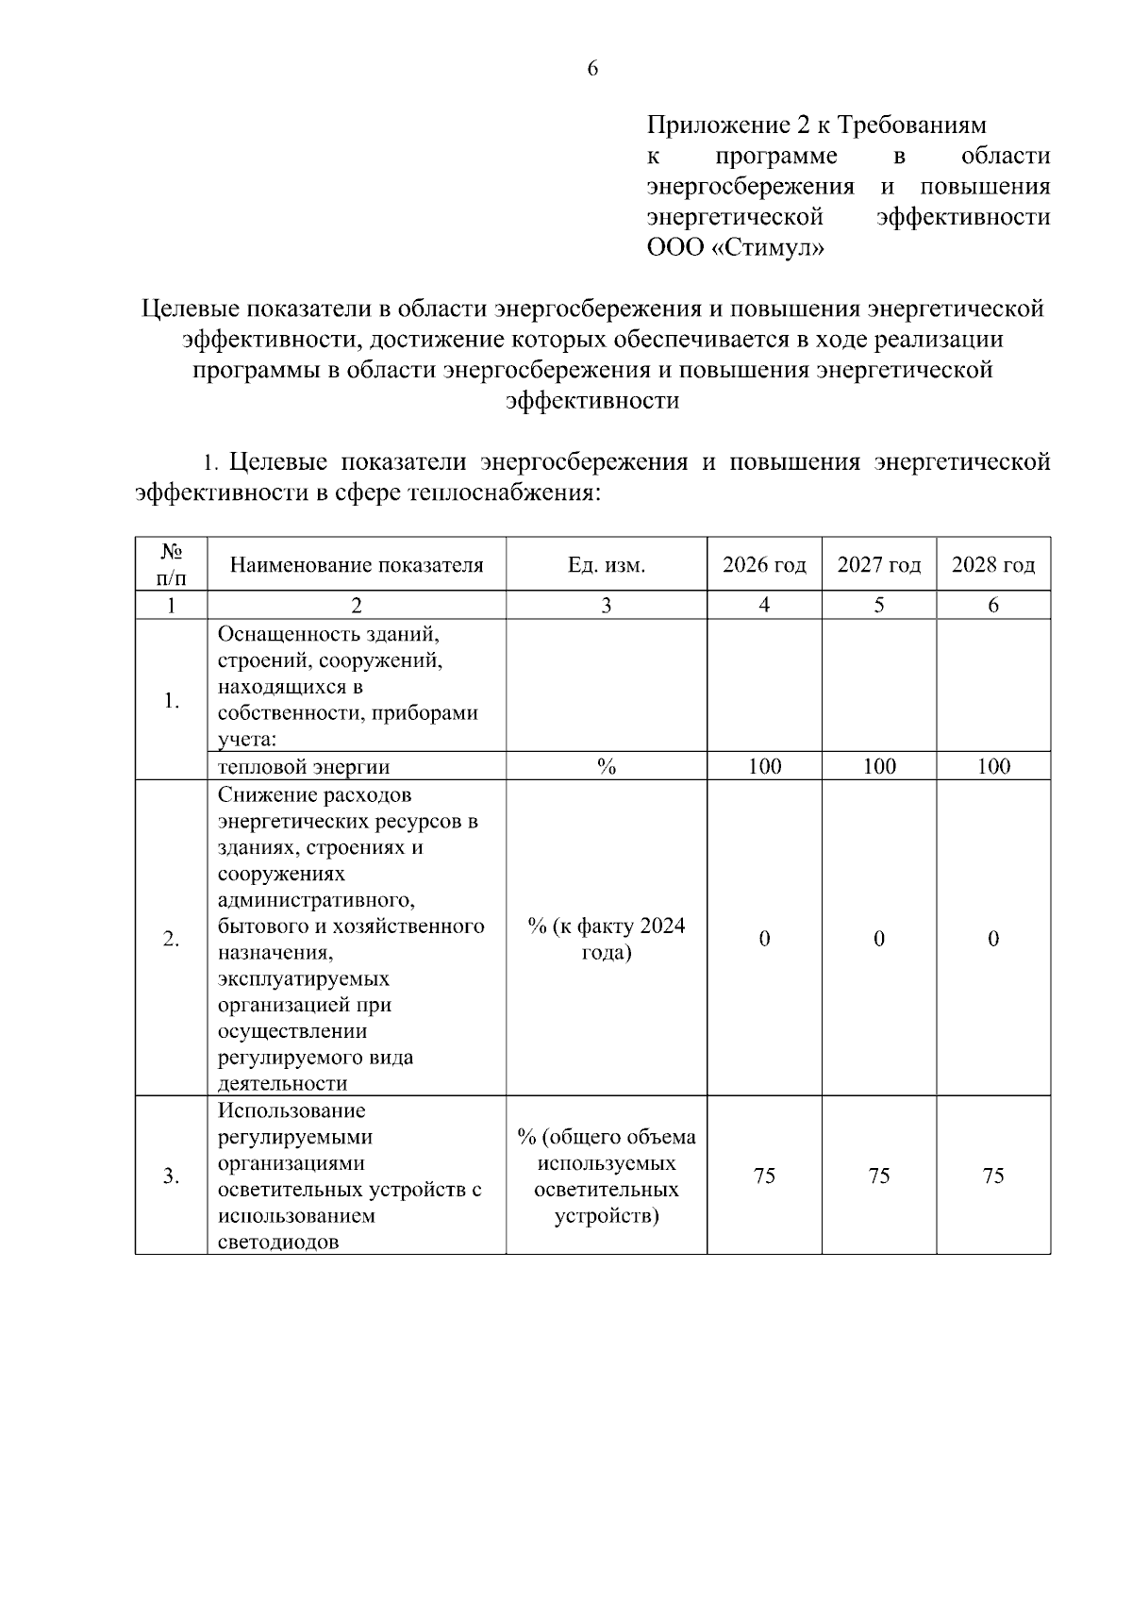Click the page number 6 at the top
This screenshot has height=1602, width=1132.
(592, 68)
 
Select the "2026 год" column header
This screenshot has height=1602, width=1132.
(764, 565)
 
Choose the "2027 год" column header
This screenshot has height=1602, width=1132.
(878, 565)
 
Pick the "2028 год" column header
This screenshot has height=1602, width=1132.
(993, 565)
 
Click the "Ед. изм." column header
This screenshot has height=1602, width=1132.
(606, 565)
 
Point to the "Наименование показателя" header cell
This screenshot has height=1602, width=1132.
(357, 565)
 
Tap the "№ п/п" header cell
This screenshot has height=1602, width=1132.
(171, 563)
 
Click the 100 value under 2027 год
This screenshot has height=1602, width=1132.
(879, 766)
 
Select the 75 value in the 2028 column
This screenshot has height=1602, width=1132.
(993, 1176)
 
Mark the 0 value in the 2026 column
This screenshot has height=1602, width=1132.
(764, 939)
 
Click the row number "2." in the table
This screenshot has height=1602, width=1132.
(171, 939)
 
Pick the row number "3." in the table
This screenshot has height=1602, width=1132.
(171, 1176)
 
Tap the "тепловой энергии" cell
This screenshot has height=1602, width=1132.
(304, 767)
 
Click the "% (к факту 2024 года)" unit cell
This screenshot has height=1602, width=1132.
(606, 939)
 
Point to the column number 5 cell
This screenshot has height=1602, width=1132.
(878, 606)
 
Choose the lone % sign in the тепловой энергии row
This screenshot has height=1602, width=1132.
(606, 766)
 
